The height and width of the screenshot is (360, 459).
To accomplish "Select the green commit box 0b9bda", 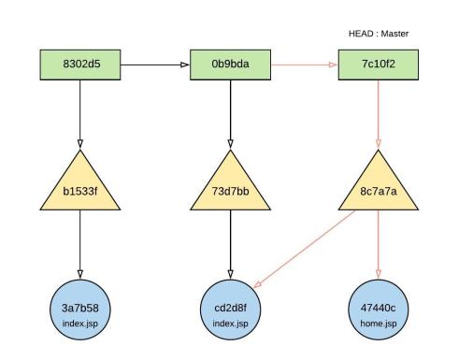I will (x=229, y=66).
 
